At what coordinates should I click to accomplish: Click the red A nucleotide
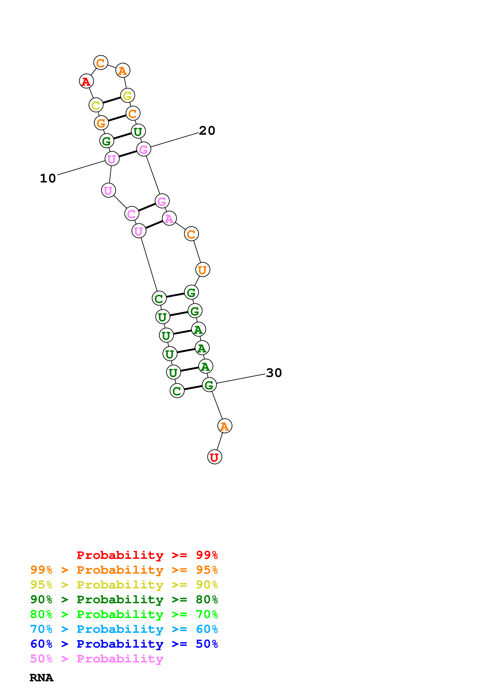pyautogui.click(x=86, y=81)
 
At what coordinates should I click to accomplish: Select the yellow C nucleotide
pyautogui.click(x=96, y=105)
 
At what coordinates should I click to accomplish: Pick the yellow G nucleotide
pyautogui.click(x=127, y=95)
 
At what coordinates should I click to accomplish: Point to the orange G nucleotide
pyautogui.click(x=101, y=123)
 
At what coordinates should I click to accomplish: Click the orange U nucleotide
pyautogui.click(x=202, y=269)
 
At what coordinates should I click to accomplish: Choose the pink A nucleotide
pyautogui.click(x=169, y=219)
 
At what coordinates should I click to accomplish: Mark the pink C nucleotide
pyautogui.click(x=132, y=214)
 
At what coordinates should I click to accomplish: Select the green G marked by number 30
pyautogui.click(x=209, y=385)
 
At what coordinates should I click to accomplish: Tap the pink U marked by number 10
pyautogui.click(x=112, y=159)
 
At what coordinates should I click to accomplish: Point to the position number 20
pyautogui.click(x=207, y=131)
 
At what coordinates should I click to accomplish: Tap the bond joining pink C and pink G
pyautogui.click(x=147, y=207)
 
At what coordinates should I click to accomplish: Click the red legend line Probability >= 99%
pyautogui.click(x=147, y=555)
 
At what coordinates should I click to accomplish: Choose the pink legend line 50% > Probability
pyautogui.click(x=97, y=659)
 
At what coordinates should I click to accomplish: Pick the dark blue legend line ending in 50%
pyautogui.click(x=124, y=644)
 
